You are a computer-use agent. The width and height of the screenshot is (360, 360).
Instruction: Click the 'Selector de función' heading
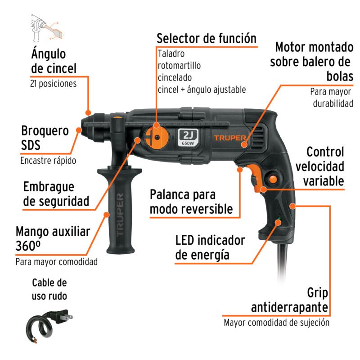pos(207,38)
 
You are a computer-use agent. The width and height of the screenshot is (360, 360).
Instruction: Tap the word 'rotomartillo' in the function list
pos(179,65)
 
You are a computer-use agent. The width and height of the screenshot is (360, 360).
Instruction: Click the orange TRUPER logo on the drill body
pos(229,137)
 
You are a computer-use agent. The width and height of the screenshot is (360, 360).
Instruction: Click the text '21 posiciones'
pos(53,84)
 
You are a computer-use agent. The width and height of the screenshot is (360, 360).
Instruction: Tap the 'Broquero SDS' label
pos(45,138)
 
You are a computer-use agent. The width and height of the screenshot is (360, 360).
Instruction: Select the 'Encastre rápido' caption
pos(48,160)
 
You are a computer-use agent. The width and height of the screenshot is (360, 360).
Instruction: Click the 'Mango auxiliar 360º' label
pos(53,238)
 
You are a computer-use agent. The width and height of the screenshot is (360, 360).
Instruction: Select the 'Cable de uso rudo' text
pos(49,289)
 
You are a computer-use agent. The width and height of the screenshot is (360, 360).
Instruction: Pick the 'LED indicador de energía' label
pos(210,247)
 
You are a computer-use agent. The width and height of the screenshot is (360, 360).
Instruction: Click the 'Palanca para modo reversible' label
pos(191,202)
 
